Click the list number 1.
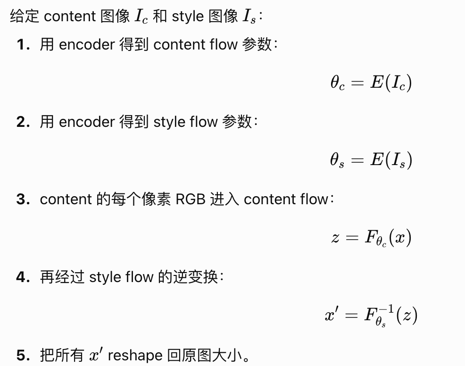coord(24,45)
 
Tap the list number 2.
coord(24,122)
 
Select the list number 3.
coord(24,200)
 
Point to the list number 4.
coord(24,277)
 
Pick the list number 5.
coord(24,355)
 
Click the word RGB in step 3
coord(191,200)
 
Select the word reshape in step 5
coord(135,355)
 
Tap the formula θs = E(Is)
coord(371,160)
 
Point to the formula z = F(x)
coord(371,238)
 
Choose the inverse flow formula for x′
coord(371,315)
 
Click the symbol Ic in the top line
coord(141,17)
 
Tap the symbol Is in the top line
coord(249,17)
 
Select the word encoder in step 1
coord(87,45)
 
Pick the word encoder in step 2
coord(87,122)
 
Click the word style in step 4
coord(105,277)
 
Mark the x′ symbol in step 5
coord(96,355)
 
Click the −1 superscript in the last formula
coord(386,309)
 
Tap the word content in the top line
coord(70,17)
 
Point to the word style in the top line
coord(188,17)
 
